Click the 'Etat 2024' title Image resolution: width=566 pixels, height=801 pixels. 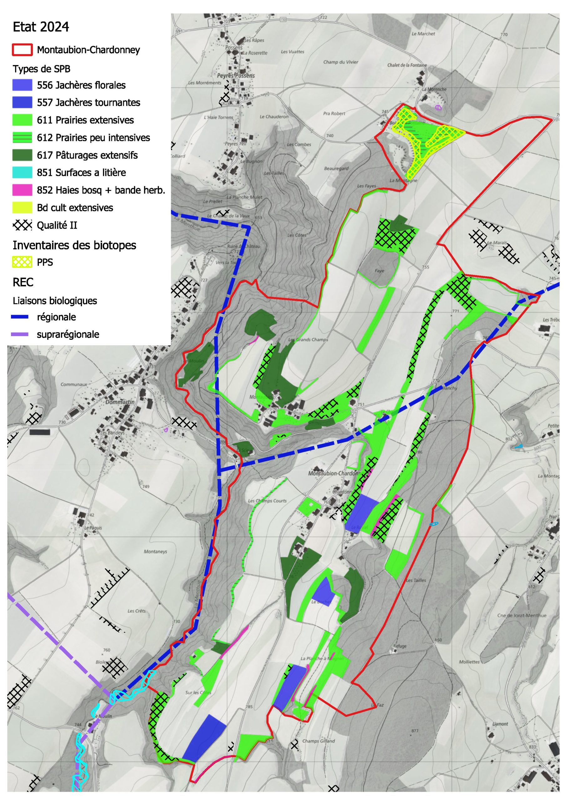pos(41,27)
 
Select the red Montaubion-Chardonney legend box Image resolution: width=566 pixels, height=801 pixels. pos(22,50)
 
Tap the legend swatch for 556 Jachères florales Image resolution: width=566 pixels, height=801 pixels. pos(22,85)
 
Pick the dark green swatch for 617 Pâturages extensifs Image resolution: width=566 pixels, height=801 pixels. pos(22,155)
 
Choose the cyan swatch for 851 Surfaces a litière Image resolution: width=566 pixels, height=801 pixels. pos(22,173)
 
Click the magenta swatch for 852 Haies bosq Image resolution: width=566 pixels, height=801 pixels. pos(22,190)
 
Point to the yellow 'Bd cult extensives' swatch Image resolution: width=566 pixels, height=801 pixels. pos(22,208)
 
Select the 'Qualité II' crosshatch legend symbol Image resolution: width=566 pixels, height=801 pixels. pos(22,225)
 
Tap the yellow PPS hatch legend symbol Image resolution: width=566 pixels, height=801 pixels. pos(22,262)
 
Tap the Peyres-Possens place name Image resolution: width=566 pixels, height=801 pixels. pos(236,76)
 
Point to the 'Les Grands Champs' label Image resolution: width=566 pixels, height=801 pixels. pos(308,339)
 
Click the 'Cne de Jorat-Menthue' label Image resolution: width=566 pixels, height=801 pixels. pos(522,615)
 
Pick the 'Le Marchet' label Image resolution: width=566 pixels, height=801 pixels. pos(423,34)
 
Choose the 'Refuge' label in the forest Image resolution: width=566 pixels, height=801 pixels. pos(400,646)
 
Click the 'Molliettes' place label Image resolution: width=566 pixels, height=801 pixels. pos(469,661)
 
